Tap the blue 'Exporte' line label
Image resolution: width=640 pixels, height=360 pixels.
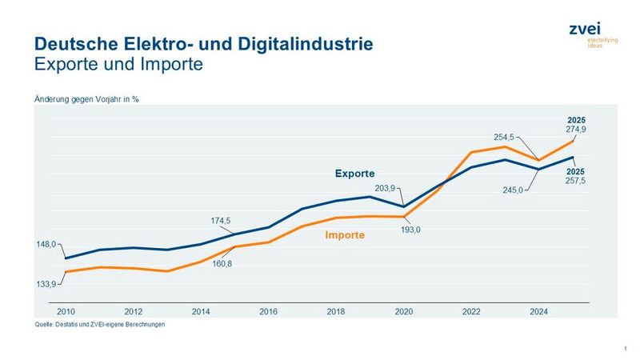(x=354, y=173)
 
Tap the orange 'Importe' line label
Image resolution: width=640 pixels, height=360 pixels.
(x=345, y=235)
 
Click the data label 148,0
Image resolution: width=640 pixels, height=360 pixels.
(x=46, y=245)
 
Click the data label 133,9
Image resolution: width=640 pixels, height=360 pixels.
(x=46, y=283)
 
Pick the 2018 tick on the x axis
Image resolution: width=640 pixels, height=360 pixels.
(x=336, y=312)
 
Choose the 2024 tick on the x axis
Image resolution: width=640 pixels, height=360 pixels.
(x=538, y=312)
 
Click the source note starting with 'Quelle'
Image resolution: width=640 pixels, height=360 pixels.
(x=99, y=325)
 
